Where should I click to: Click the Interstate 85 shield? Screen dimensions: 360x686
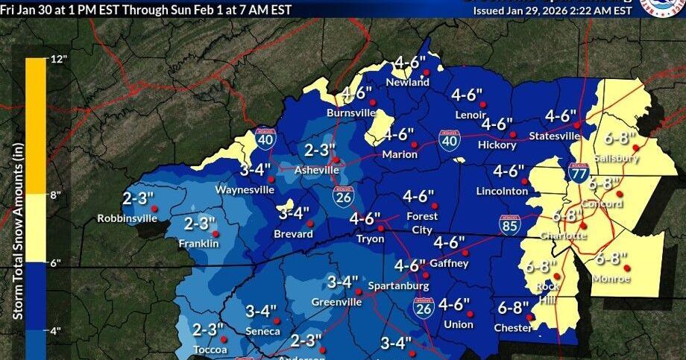point(510,225)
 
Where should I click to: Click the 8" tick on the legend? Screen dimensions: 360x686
point(35,195)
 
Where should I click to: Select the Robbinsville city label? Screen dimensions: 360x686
point(127,218)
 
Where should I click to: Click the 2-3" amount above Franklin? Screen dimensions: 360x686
point(200,223)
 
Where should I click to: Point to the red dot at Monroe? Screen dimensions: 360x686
point(627,267)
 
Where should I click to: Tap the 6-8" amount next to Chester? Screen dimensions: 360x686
point(513,307)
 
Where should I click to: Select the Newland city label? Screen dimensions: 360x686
point(408,82)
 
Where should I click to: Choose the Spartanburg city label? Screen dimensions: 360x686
point(404,285)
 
